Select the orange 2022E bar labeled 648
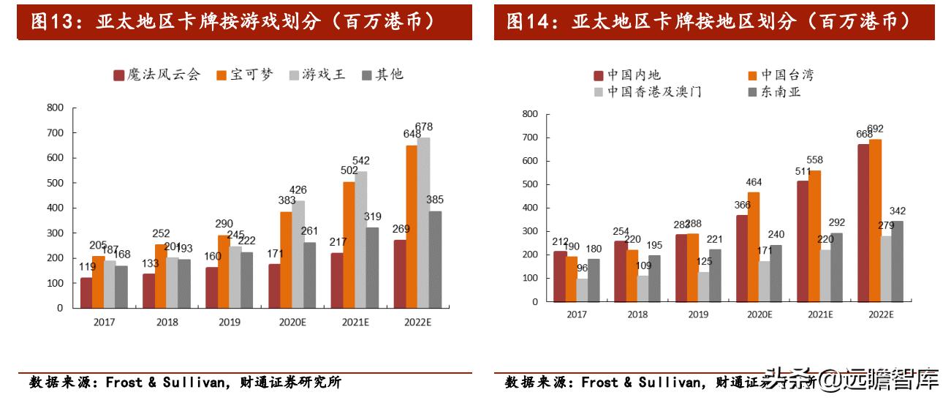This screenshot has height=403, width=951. [412, 226]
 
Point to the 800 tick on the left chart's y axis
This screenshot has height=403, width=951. [55, 108]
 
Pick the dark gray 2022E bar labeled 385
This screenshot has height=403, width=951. [435, 259]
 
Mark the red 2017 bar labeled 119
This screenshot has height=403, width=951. [86, 293]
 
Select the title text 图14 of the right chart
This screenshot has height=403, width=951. [531, 22]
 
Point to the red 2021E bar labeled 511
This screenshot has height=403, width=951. [803, 241]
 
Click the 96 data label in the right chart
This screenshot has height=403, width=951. [583, 268]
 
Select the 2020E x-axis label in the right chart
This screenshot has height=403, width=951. [759, 314]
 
